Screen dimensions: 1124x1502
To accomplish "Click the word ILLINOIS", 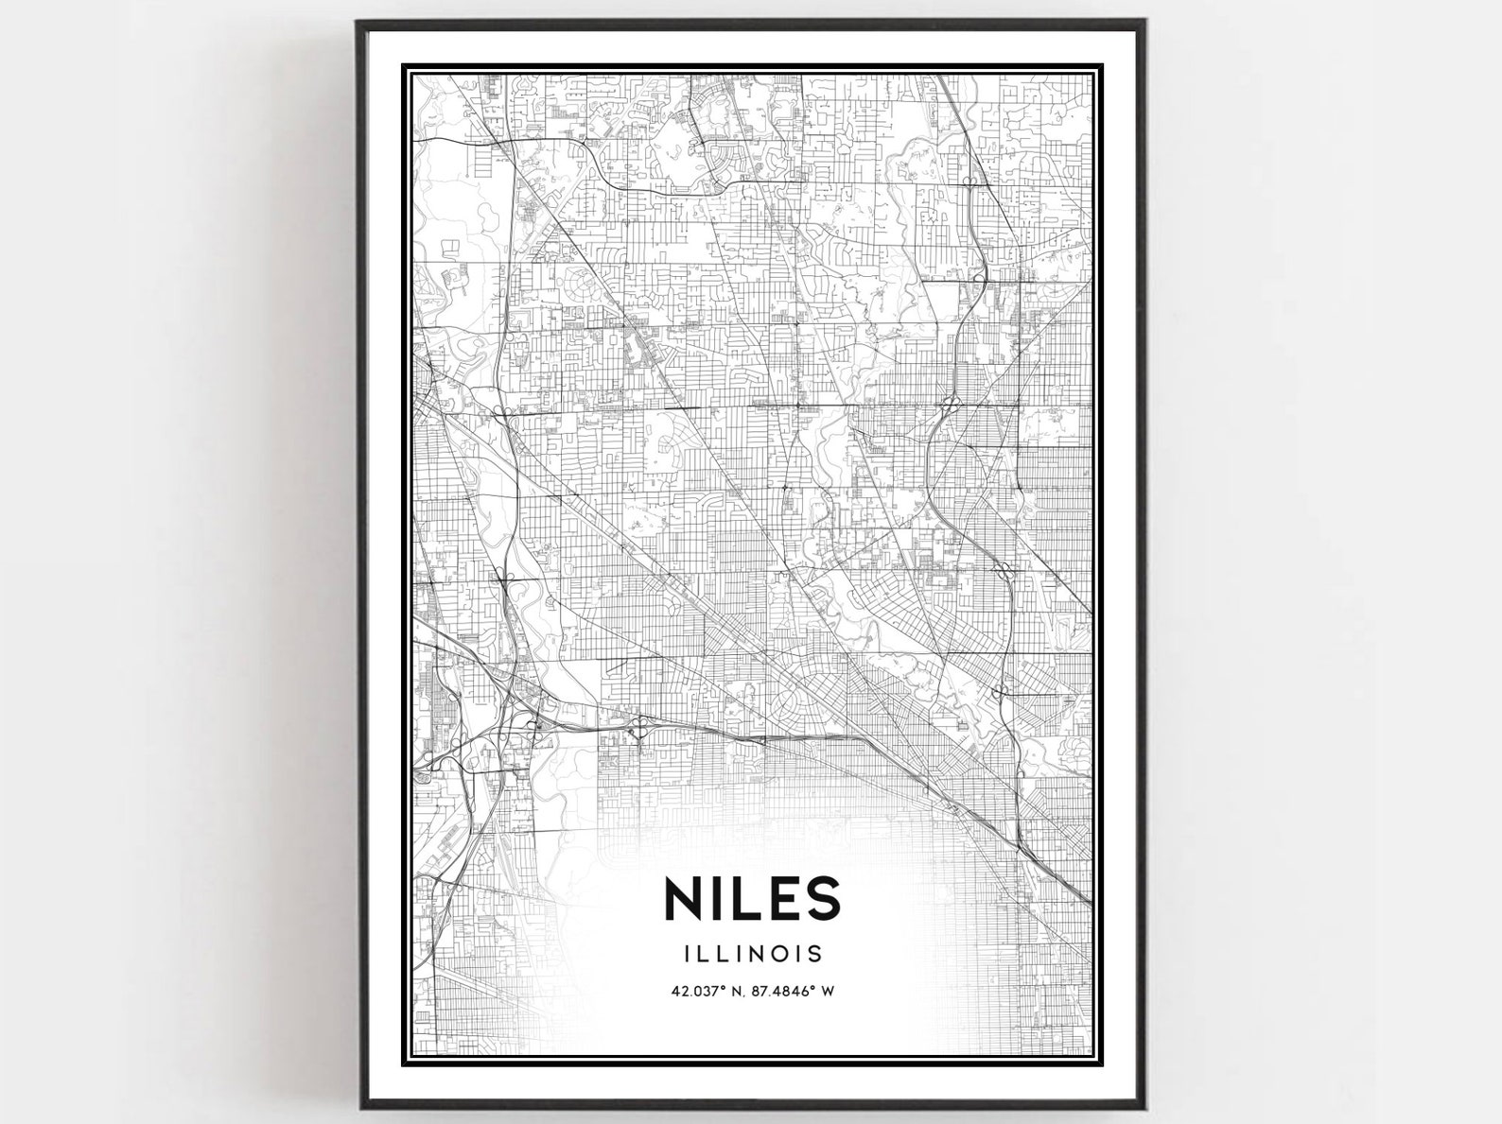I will pyautogui.click(x=754, y=953).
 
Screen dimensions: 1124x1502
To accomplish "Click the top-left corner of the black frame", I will pyautogui.click(x=358, y=22).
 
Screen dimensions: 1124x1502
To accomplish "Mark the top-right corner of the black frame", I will pyautogui.click(x=1146, y=22).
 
